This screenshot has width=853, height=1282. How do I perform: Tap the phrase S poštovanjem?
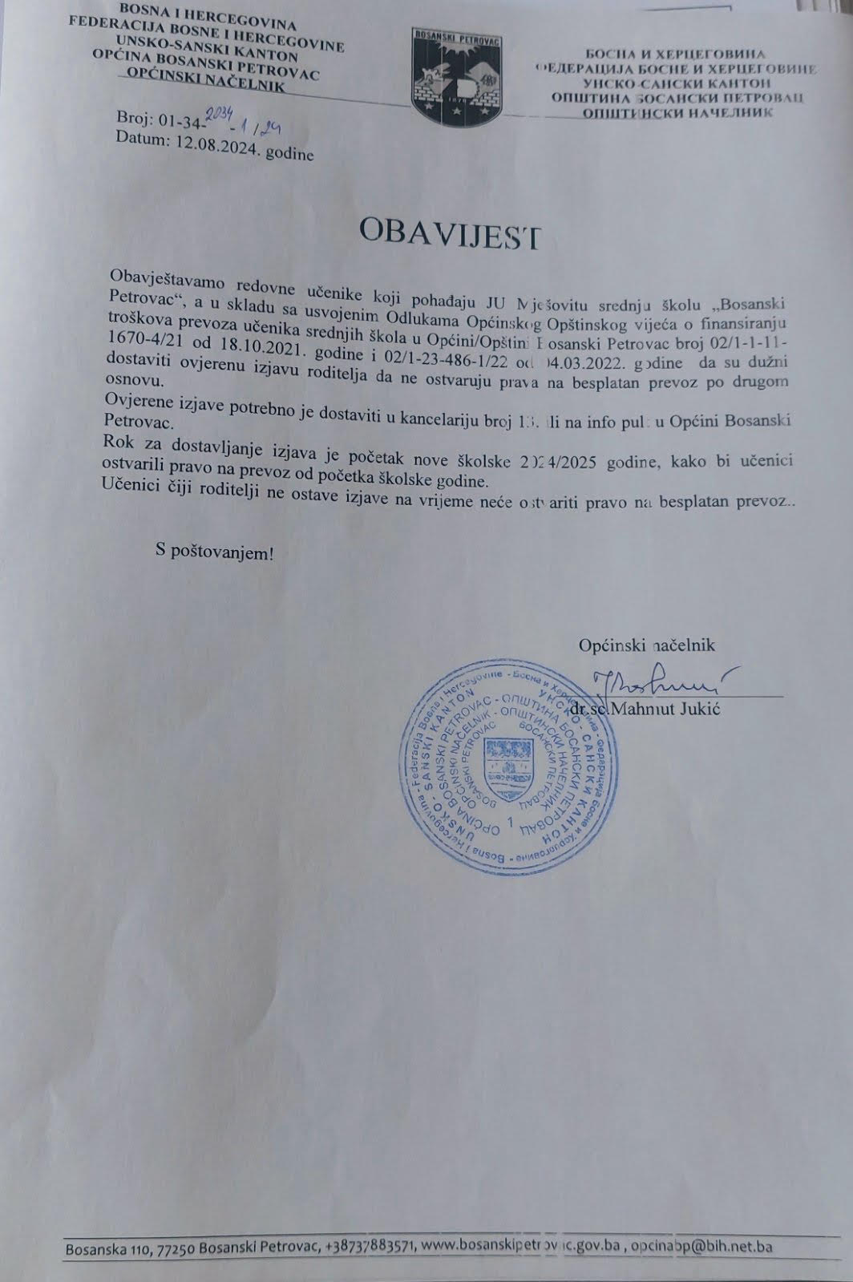click(214, 552)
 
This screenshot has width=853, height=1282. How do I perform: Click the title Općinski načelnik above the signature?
click(646, 645)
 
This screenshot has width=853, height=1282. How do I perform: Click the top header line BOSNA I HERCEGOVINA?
click(207, 17)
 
